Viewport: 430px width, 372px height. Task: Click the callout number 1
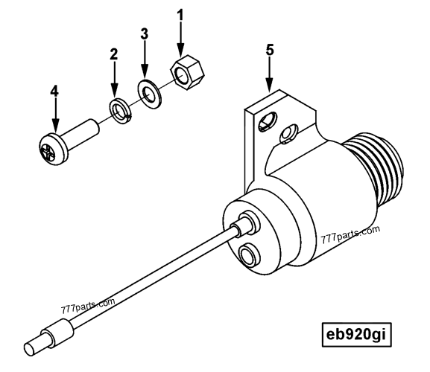pyautogui.click(x=179, y=15)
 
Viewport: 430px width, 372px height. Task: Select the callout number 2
pyautogui.click(x=114, y=54)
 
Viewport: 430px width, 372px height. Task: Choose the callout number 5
pyautogui.click(x=270, y=51)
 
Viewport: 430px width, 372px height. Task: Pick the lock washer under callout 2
pyautogui.click(x=118, y=109)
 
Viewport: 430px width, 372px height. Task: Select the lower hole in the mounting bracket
pyautogui.click(x=286, y=135)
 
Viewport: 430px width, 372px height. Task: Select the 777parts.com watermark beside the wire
pyautogui.click(x=89, y=306)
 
